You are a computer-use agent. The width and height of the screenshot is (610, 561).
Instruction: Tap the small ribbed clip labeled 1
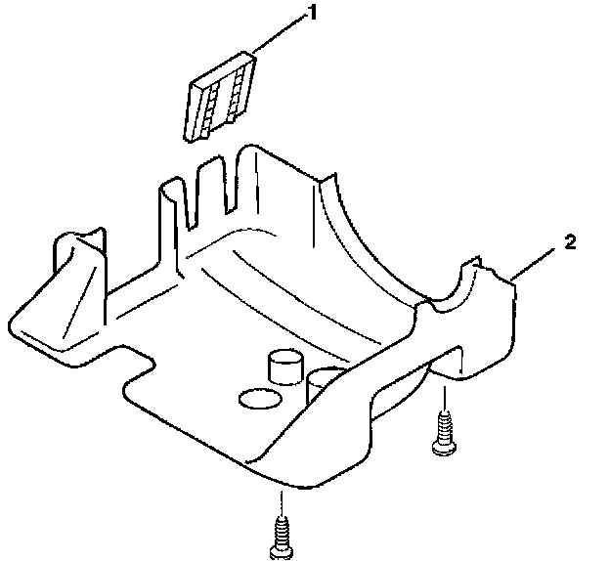point(220,98)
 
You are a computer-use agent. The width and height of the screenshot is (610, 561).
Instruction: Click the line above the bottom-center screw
point(280,503)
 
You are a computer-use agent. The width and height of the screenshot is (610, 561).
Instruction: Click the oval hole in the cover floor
point(259,399)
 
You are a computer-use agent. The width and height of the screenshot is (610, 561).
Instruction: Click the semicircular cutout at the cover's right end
point(452,293)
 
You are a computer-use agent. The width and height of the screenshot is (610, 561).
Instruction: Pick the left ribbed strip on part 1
point(210,104)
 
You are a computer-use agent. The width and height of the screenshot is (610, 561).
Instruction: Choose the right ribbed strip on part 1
point(236,90)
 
